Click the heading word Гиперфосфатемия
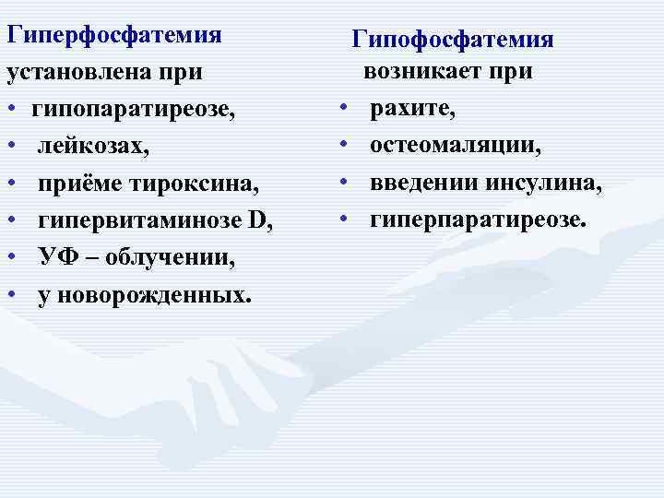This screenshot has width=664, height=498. [x=114, y=35]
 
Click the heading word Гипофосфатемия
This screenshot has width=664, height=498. [x=453, y=40]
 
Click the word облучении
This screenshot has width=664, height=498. [x=170, y=257]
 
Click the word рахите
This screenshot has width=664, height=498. [x=412, y=110]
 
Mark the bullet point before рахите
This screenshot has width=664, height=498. [x=342, y=110]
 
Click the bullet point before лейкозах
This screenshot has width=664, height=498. [x=12, y=147]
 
